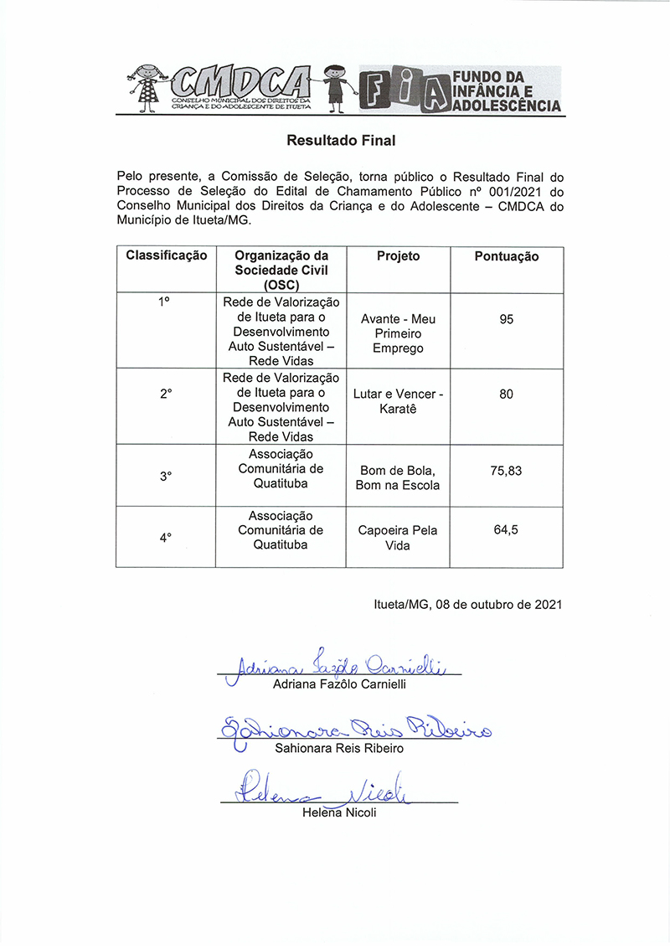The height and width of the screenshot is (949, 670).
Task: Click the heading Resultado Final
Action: [340, 141]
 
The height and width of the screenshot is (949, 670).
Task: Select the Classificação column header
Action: [166, 256]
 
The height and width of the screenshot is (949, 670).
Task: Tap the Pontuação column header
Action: [506, 256]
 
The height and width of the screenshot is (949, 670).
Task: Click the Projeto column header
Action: [398, 256]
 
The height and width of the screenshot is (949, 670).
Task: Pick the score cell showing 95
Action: [506, 319]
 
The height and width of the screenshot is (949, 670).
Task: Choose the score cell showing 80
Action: [506, 394]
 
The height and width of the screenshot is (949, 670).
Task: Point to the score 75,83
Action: [506, 471]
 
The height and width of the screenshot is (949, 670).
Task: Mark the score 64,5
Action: [506, 530]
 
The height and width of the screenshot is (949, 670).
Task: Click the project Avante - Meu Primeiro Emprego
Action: [398, 333]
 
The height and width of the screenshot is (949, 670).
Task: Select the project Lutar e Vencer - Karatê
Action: [398, 401]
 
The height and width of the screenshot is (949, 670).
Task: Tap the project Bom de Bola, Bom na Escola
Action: [398, 477]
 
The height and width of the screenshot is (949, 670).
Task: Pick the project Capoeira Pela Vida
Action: [398, 538]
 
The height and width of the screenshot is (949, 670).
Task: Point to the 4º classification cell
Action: [166, 538]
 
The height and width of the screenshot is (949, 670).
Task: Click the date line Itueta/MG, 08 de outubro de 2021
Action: [467, 603]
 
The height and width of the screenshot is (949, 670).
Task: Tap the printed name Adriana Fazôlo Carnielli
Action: [340, 685]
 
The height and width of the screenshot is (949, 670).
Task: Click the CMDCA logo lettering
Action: [239, 83]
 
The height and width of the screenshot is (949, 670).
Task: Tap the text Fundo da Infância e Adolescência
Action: [506, 90]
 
